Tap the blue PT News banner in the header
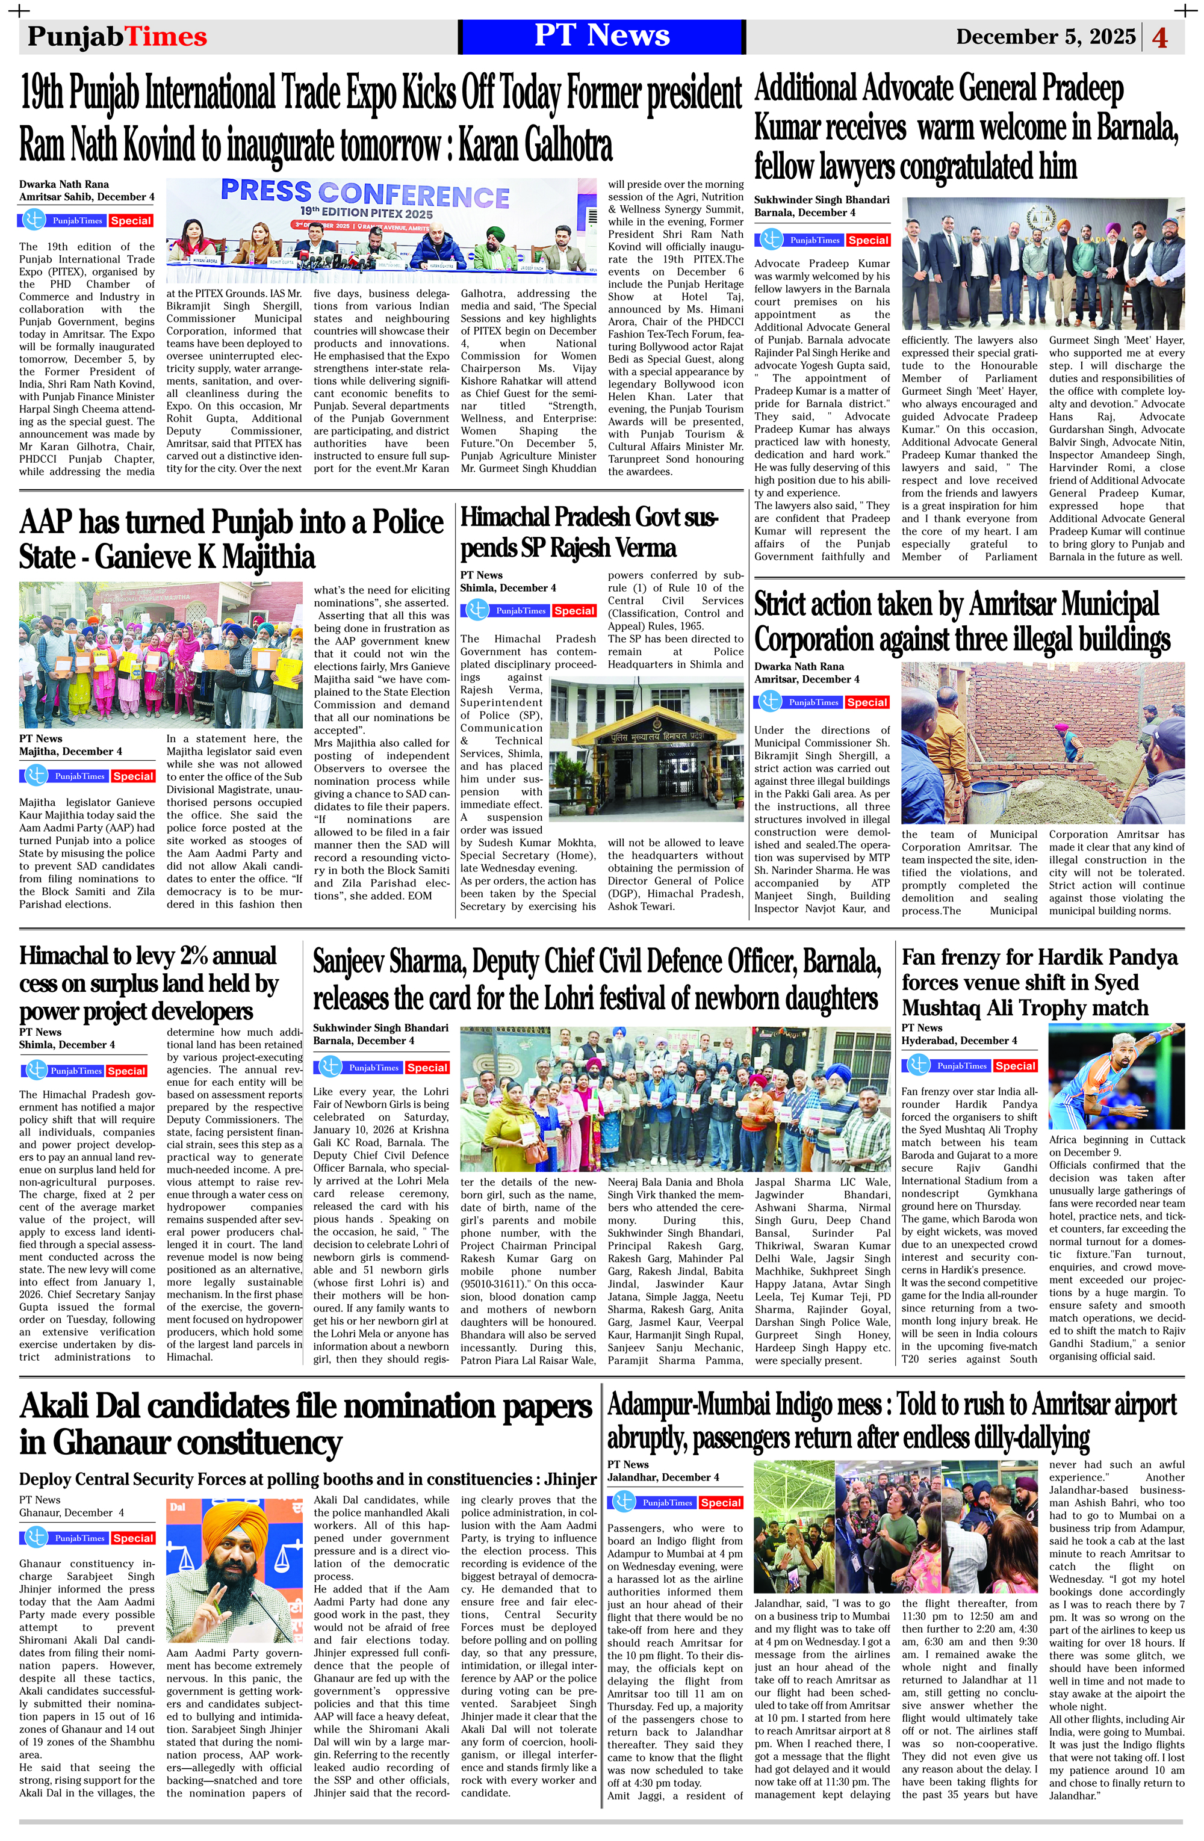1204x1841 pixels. point(601,36)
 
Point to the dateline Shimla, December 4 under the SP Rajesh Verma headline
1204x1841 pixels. point(507,588)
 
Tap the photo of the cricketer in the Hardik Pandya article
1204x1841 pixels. point(1116,1076)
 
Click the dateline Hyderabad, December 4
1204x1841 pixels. point(959,1041)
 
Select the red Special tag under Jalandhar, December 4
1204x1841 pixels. point(721,1502)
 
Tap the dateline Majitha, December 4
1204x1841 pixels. point(70,751)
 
